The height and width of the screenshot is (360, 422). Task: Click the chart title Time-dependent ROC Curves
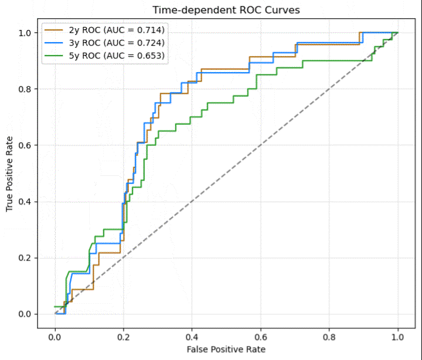[226, 10]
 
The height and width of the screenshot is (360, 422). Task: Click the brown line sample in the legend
[54, 30]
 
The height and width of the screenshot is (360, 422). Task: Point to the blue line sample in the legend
[54, 43]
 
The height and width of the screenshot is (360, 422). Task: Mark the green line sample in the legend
[54, 56]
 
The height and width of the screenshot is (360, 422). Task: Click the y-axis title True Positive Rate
[9, 174]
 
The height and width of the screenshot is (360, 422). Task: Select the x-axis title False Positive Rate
[226, 349]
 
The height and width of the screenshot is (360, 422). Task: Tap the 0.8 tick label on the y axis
[25, 89]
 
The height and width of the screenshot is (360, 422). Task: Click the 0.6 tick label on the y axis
[25, 145]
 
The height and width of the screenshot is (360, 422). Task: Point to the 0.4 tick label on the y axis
[25, 202]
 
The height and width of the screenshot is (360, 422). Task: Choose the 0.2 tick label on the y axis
[25, 258]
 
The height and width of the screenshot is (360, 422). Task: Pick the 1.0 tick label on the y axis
[25, 33]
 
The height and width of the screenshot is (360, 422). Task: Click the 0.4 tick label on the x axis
[192, 337]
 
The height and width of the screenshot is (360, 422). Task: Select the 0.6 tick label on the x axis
[260, 337]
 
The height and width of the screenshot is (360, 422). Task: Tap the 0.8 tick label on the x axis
[329, 337]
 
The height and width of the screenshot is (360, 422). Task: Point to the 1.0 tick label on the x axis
[397, 337]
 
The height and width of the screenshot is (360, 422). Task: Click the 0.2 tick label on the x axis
[124, 337]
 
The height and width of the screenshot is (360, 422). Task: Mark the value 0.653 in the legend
[149, 56]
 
